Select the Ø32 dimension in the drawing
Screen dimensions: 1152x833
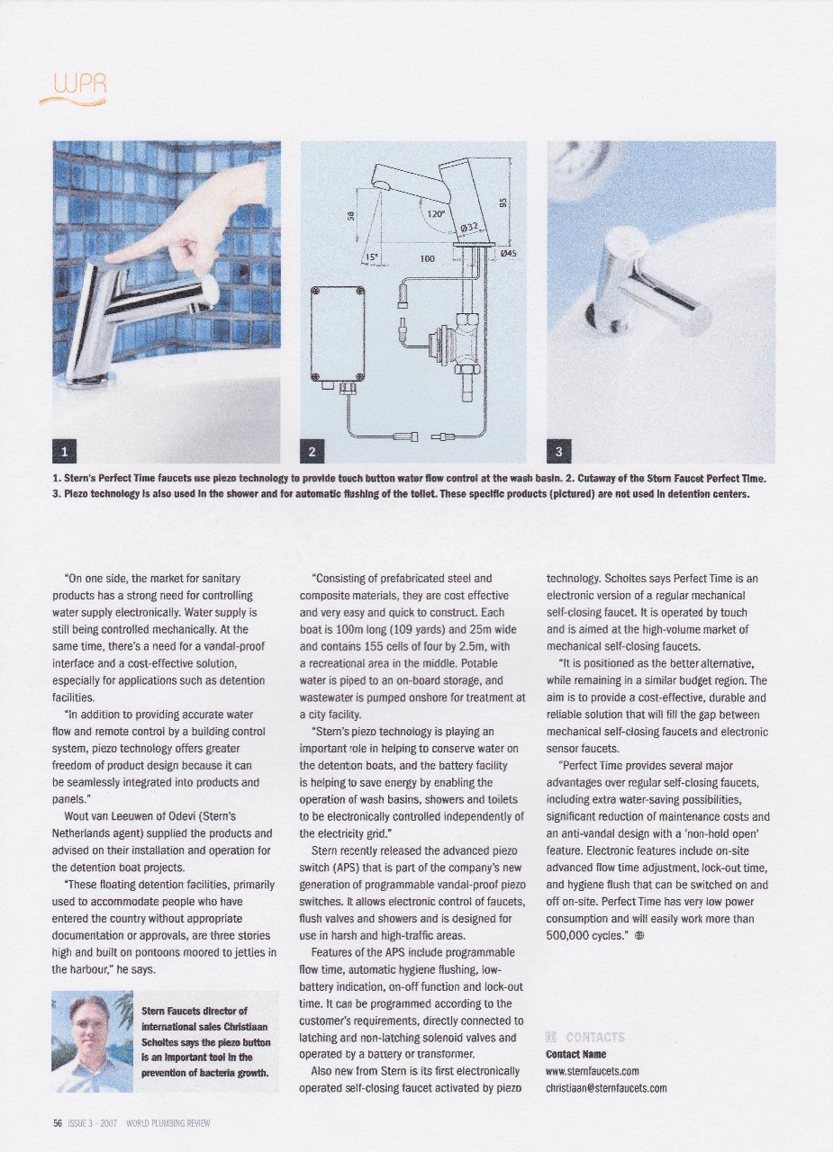coord(469,229)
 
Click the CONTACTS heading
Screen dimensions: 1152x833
coord(597,1037)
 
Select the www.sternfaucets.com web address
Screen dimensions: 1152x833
coord(593,1071)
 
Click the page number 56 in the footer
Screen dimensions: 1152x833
coord(57,1123)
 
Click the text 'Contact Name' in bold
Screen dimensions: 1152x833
coord(575,1054)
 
